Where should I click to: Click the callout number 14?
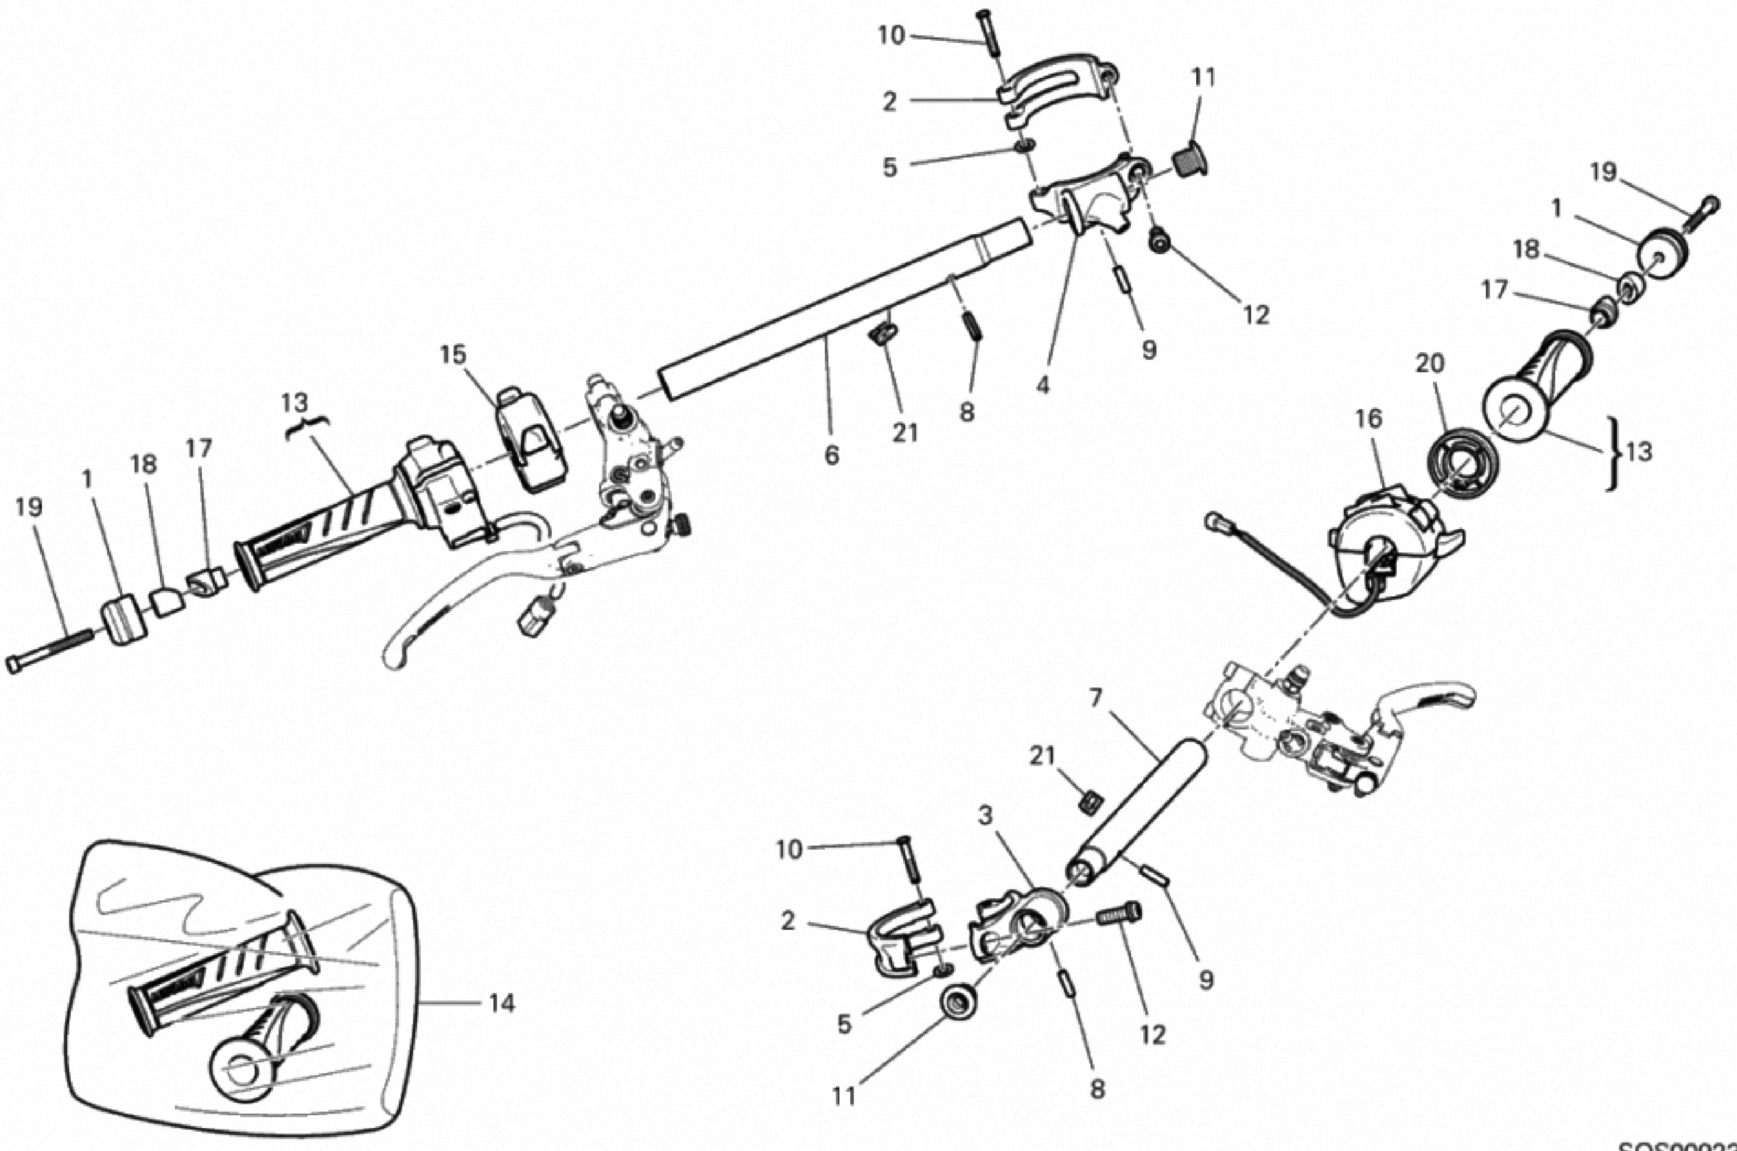(x=502, y=1003)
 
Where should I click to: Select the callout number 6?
(x=831, y=455)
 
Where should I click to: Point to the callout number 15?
(x=453, y=355)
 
